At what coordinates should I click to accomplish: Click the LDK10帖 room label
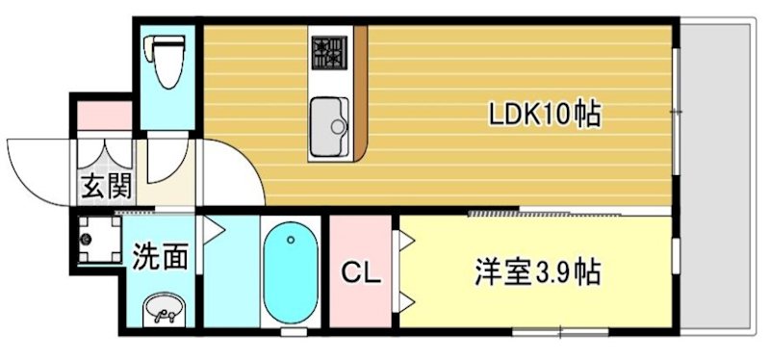(545, 115)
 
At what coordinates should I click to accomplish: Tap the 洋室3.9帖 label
(537, 272)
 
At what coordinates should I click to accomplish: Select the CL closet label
(362, 272)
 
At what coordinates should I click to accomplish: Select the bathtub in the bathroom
(291, 274)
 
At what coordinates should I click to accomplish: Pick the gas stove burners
(331, 54)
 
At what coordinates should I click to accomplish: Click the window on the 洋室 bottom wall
(558, 332)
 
